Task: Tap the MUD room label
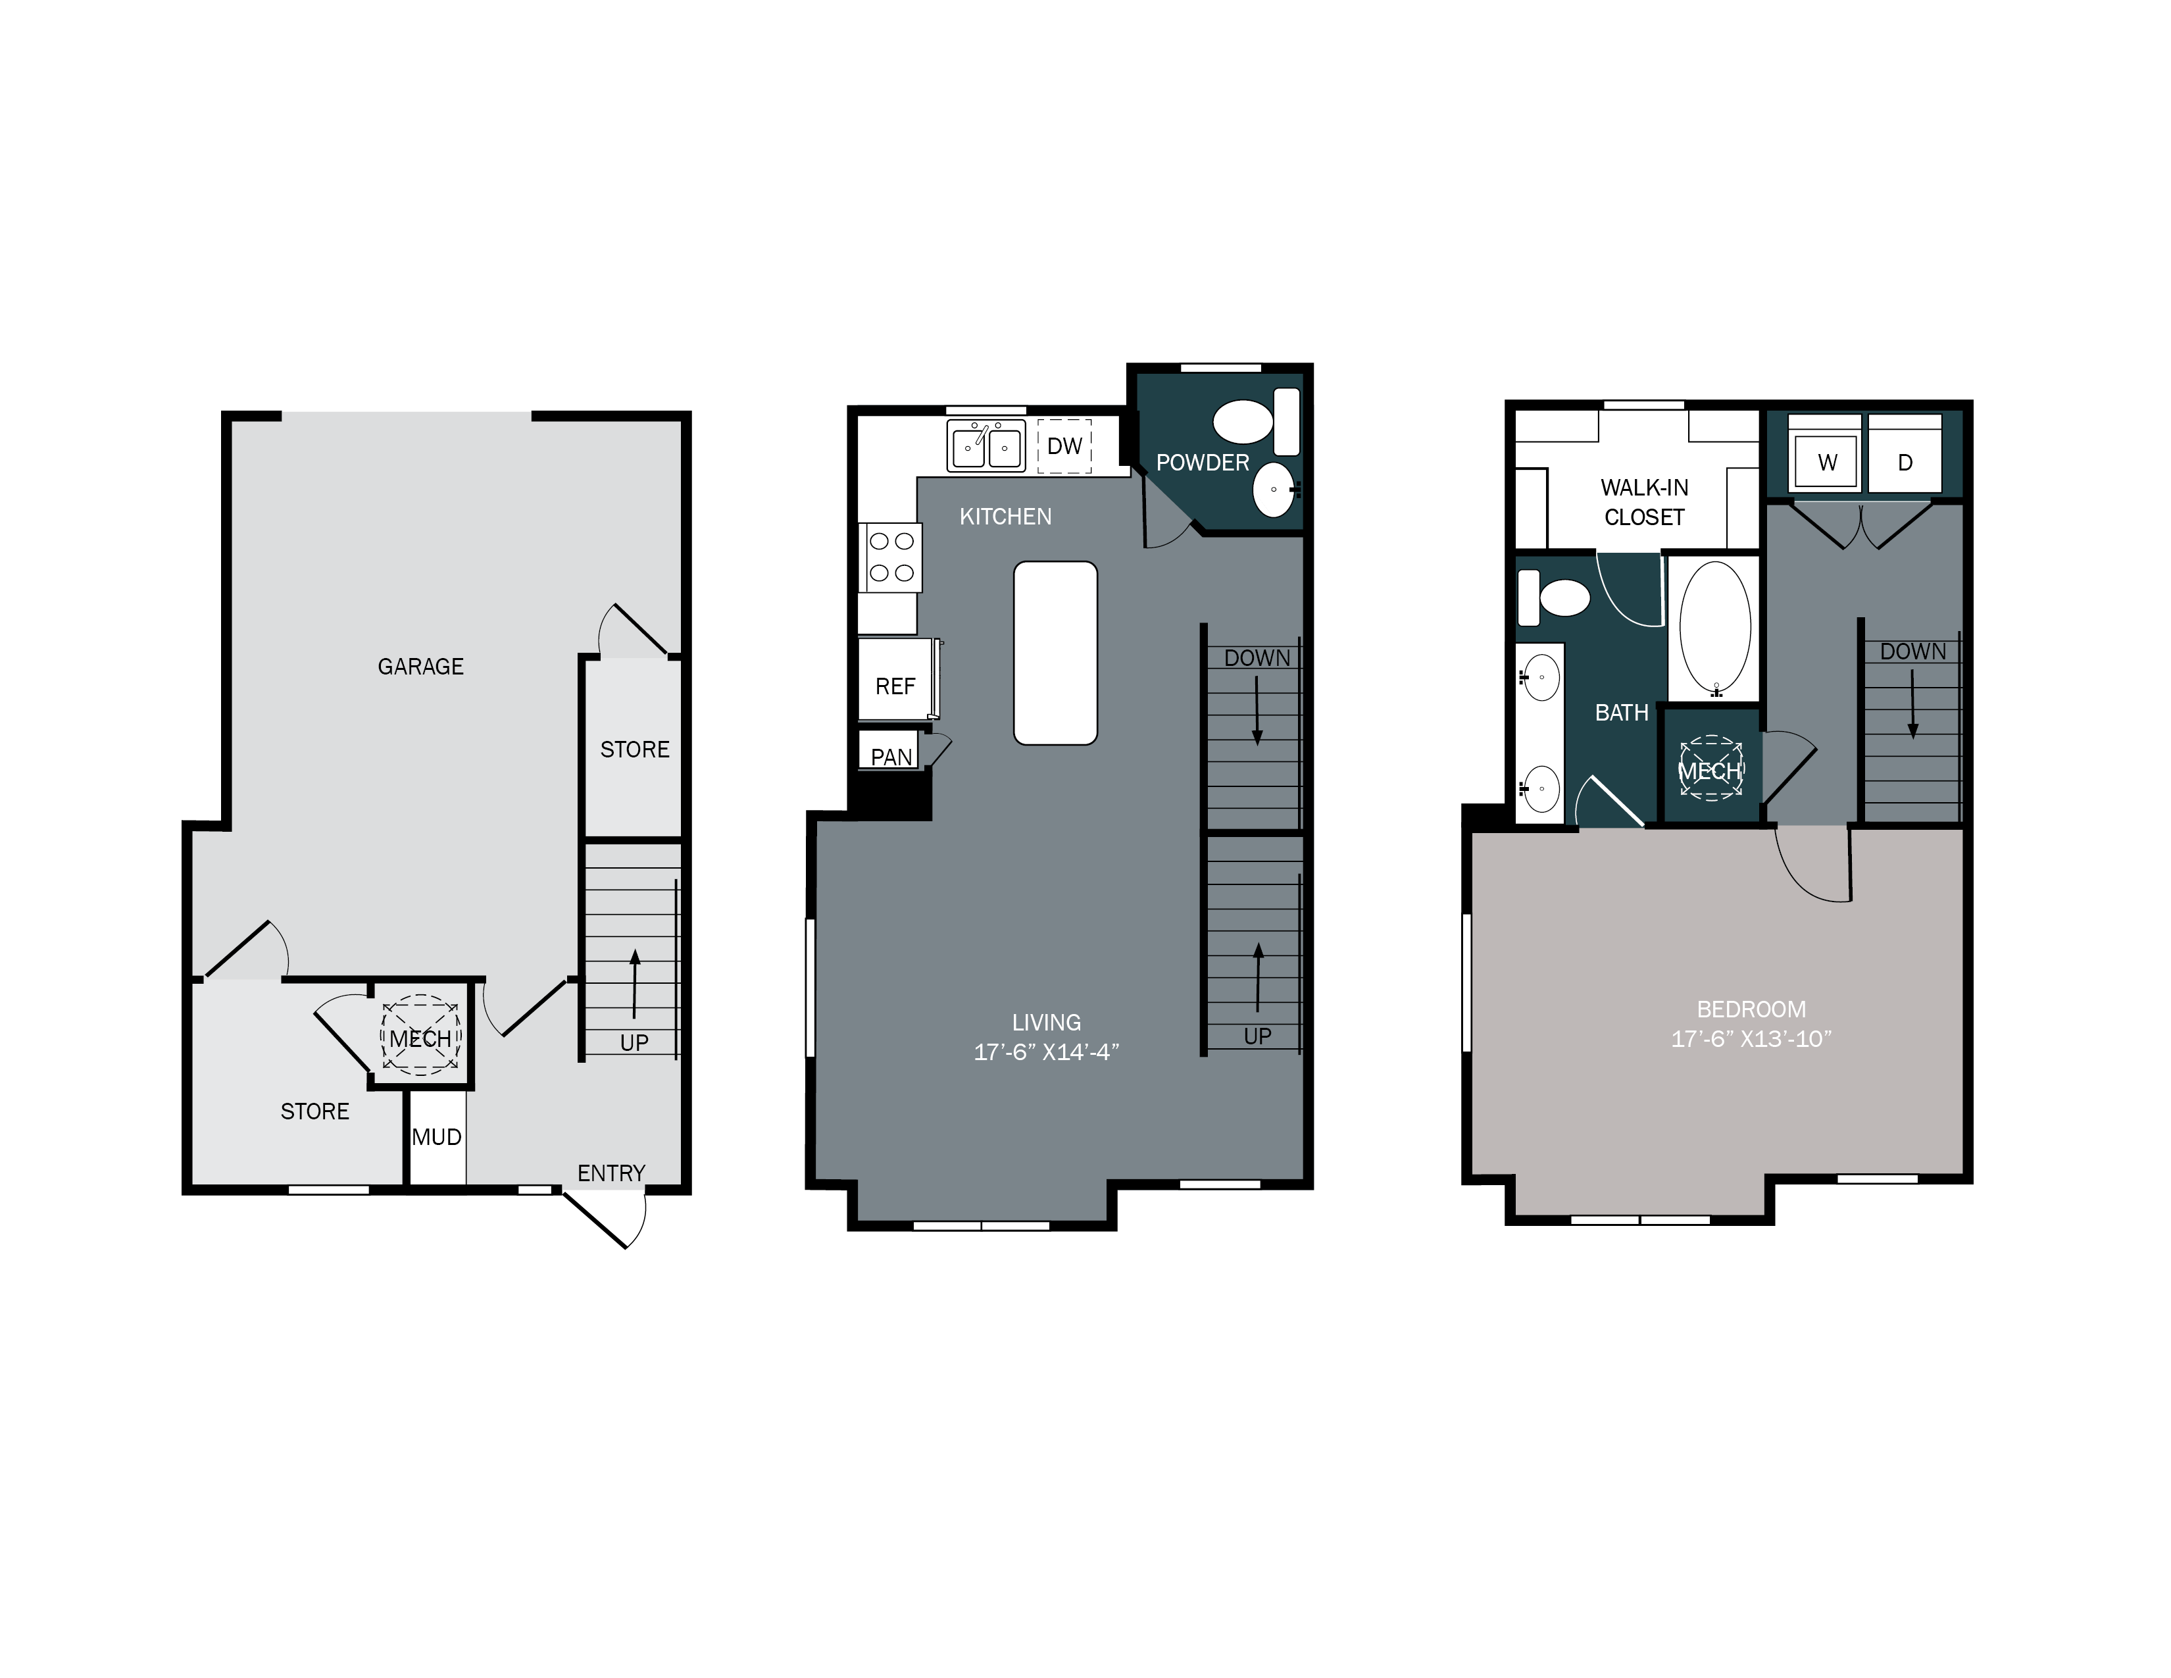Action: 436,1137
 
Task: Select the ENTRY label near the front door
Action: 611,1173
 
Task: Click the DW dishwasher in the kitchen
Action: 1064,446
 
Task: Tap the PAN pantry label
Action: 891,757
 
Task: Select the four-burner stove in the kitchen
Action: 891,557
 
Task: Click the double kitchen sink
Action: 985,446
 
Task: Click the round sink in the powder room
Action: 1274,490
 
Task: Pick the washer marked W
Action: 1826,462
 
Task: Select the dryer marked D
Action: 1905,462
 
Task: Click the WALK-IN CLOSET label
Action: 1644,502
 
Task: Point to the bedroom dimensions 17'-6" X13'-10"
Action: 1751,1039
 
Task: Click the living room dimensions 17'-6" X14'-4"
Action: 1046,1052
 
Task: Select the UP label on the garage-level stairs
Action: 634,1043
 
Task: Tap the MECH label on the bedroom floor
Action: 1710,771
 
